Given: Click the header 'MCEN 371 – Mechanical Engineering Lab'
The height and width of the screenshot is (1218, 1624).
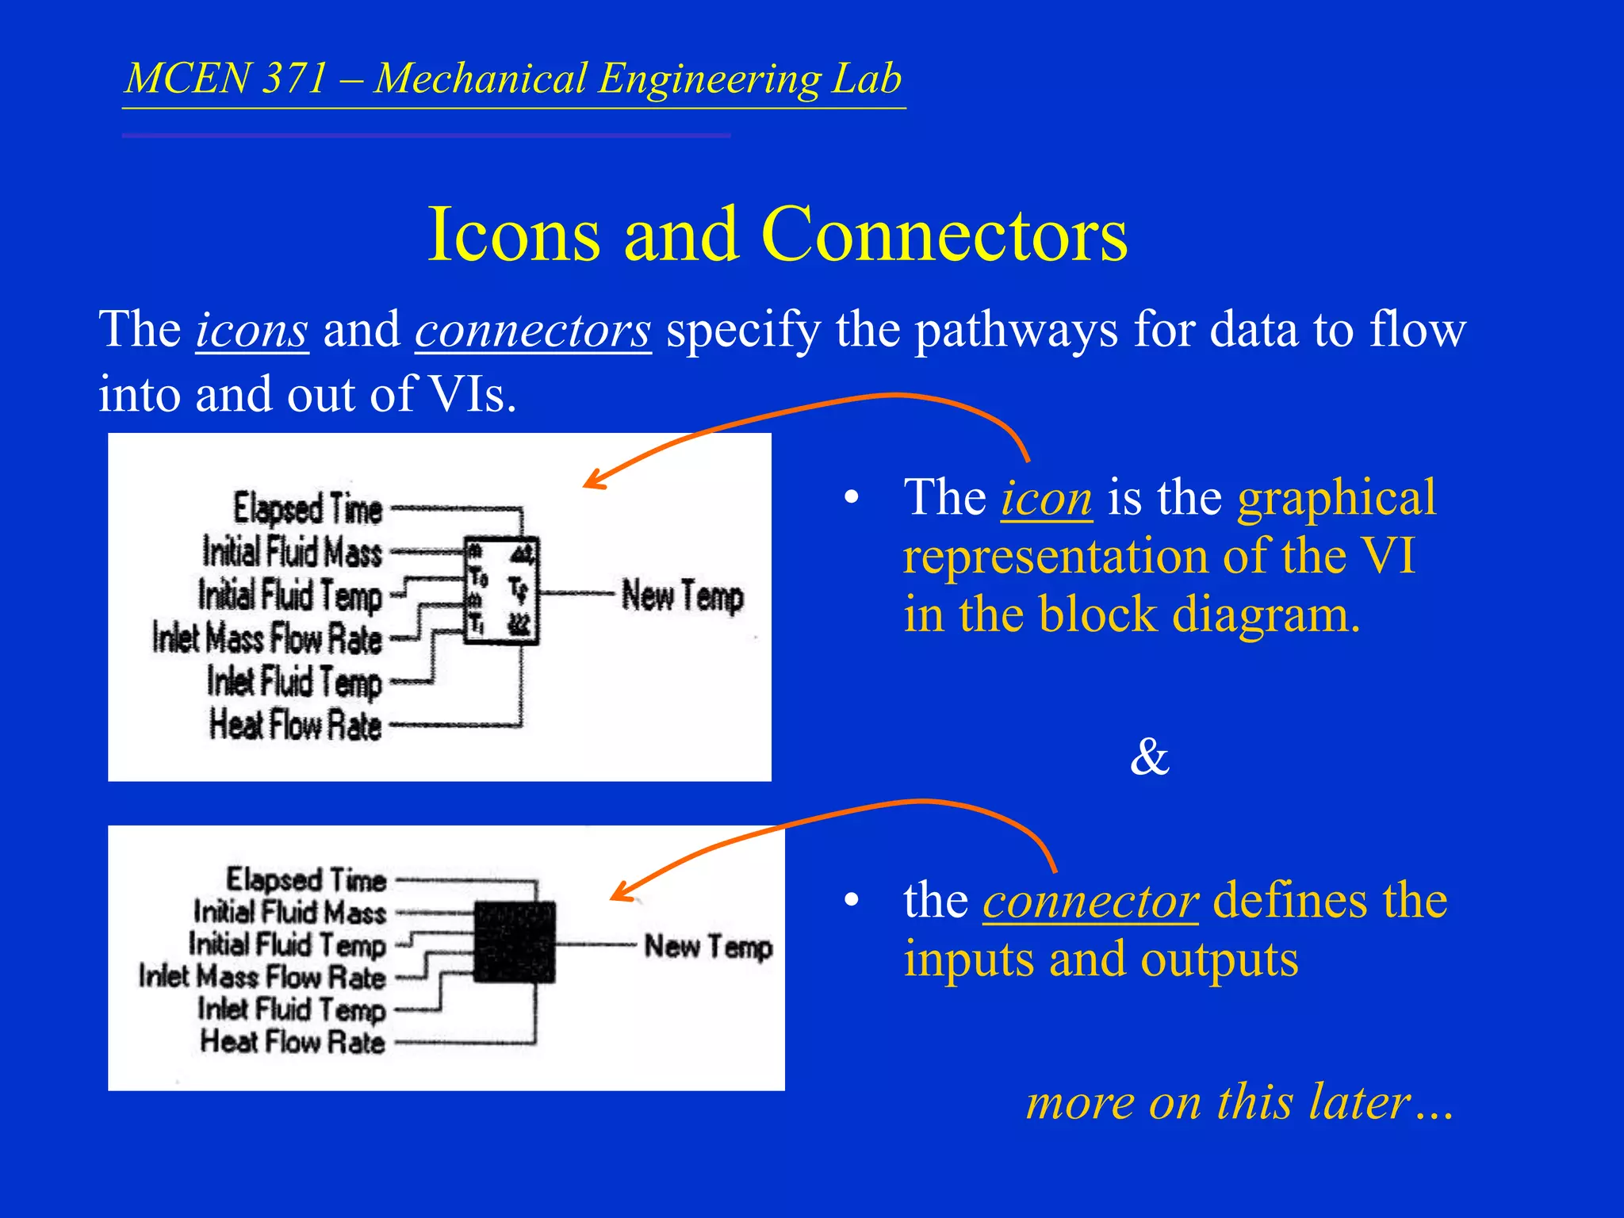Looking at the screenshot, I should (x=514, y=79).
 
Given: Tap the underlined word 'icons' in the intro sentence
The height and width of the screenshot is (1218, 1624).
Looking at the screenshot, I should (x=251, y=330).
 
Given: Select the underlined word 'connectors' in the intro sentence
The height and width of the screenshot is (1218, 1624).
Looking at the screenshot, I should (x=533, y=330).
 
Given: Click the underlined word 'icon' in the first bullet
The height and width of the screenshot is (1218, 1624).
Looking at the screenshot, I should (x=1046, y=499).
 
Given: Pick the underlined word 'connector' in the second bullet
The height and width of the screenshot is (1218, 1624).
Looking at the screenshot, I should (x=1090, y=902).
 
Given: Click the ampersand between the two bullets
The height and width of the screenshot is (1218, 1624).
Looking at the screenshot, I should (x=1149, y=756).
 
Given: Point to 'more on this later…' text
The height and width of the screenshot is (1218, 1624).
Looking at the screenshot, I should (x=1239, y=1102).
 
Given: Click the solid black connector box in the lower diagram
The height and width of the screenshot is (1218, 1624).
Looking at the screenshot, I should (x=514, y=942).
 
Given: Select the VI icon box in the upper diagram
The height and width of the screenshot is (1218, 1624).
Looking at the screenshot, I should (x=500, y=590).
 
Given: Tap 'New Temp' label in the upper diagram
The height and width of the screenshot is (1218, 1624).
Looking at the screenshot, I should (x=682, y=596).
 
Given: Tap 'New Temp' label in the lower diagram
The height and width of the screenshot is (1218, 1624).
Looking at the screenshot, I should (x=707, y=946).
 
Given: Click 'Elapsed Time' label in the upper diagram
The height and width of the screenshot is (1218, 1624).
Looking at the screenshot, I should (x=308, y=508).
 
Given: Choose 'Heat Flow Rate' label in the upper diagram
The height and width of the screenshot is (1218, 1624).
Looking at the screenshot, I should (x=295, y=725).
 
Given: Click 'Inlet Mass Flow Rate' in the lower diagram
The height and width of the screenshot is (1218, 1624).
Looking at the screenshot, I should (x=262, y=977).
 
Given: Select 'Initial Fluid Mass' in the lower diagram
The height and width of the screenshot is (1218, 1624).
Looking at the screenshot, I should (x=289, y=912).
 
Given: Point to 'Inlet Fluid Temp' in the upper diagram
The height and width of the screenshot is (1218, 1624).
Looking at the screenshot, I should (x=294, y=682).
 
